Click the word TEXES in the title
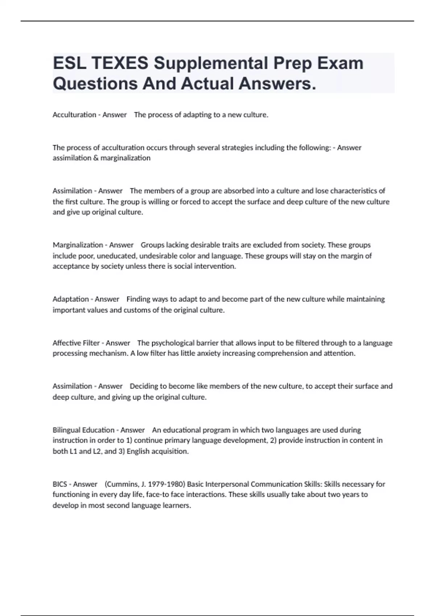tap(120, 63)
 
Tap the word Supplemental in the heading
tap(211, 63)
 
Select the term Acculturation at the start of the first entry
tap(74, 115)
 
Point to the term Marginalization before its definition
tap(78, 245)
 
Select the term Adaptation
tap(71, 299)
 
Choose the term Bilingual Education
tap(83, 430)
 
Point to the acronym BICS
tap(60, 484)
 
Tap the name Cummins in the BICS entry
tap(119, 484)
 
